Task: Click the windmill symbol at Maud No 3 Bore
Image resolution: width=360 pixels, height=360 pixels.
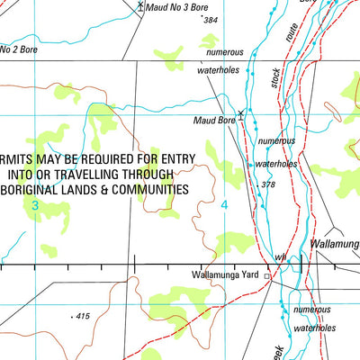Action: point(141,5)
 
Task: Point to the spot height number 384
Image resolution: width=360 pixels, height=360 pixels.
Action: point(211,20)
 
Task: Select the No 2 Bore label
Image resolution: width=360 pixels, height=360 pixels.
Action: point(20,49)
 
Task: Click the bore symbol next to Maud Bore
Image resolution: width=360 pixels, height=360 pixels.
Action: point(240,113)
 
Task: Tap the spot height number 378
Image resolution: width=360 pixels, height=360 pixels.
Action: point(267,185)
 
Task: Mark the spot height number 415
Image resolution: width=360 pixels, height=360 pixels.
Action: point(84,316)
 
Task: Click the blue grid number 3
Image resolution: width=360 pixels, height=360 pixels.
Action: point(35,206)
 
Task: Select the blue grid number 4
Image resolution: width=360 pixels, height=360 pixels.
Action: point(224,206)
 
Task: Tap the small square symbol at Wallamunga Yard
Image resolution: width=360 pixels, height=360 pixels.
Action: point(267,276)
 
